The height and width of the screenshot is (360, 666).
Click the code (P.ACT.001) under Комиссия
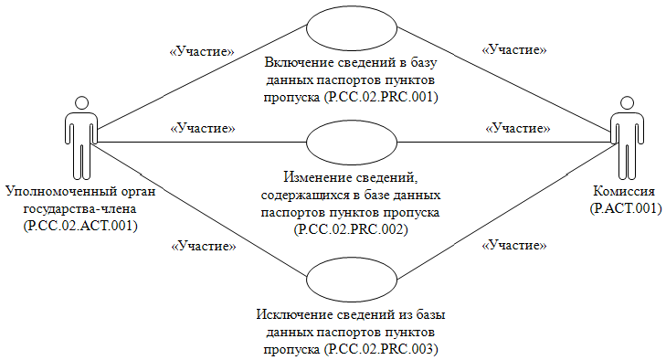624,208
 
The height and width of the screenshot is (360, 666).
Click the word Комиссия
624,193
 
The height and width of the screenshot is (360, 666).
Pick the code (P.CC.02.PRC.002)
349,228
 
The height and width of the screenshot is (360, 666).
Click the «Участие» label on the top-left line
203,51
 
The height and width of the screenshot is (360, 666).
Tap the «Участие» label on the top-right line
514,51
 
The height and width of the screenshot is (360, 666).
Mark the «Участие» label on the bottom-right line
514,245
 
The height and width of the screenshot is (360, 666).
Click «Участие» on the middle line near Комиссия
514,128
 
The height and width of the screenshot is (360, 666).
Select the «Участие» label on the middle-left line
203,128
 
